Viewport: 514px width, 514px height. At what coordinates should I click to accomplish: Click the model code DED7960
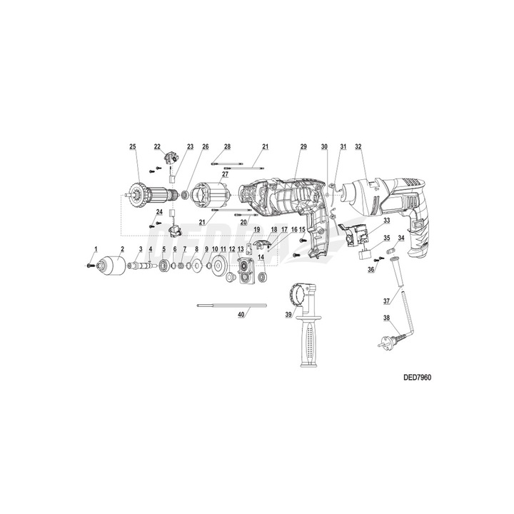click(x=417, y=376)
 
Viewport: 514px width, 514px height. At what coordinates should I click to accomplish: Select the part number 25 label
click(x=132, y=146)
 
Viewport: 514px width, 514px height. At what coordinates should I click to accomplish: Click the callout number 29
click(x=303, y=146)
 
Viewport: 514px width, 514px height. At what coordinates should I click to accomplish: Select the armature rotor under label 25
click(x=150, y=193)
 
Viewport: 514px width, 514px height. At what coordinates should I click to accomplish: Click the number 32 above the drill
click(x=358, y=146)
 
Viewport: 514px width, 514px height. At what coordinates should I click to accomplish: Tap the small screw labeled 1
click(x=89, y=265)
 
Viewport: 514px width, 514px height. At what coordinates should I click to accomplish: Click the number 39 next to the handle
click(x=288, y=313)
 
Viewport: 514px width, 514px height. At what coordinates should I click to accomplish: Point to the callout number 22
click(x=157, y=146)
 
